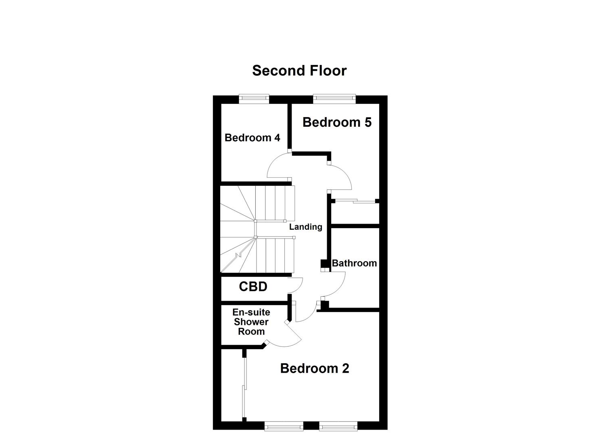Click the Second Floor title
(x=299, y=71)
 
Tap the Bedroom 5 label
(x=337, y=122)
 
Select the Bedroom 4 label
(x=252, y=138)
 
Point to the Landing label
(x=305, y=227)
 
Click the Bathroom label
(x=354, y=263)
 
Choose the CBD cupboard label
(x=253, y=287)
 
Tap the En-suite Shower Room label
(x=251, y=322)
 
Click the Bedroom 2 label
(x=315, y=368)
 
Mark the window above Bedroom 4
(x=254, y=99)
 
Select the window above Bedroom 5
(x=334, y=99)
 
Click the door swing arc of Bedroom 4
(x=278, y=165)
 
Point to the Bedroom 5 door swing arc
(x=340, y=178)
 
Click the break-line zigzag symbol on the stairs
(x=238, y=254)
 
